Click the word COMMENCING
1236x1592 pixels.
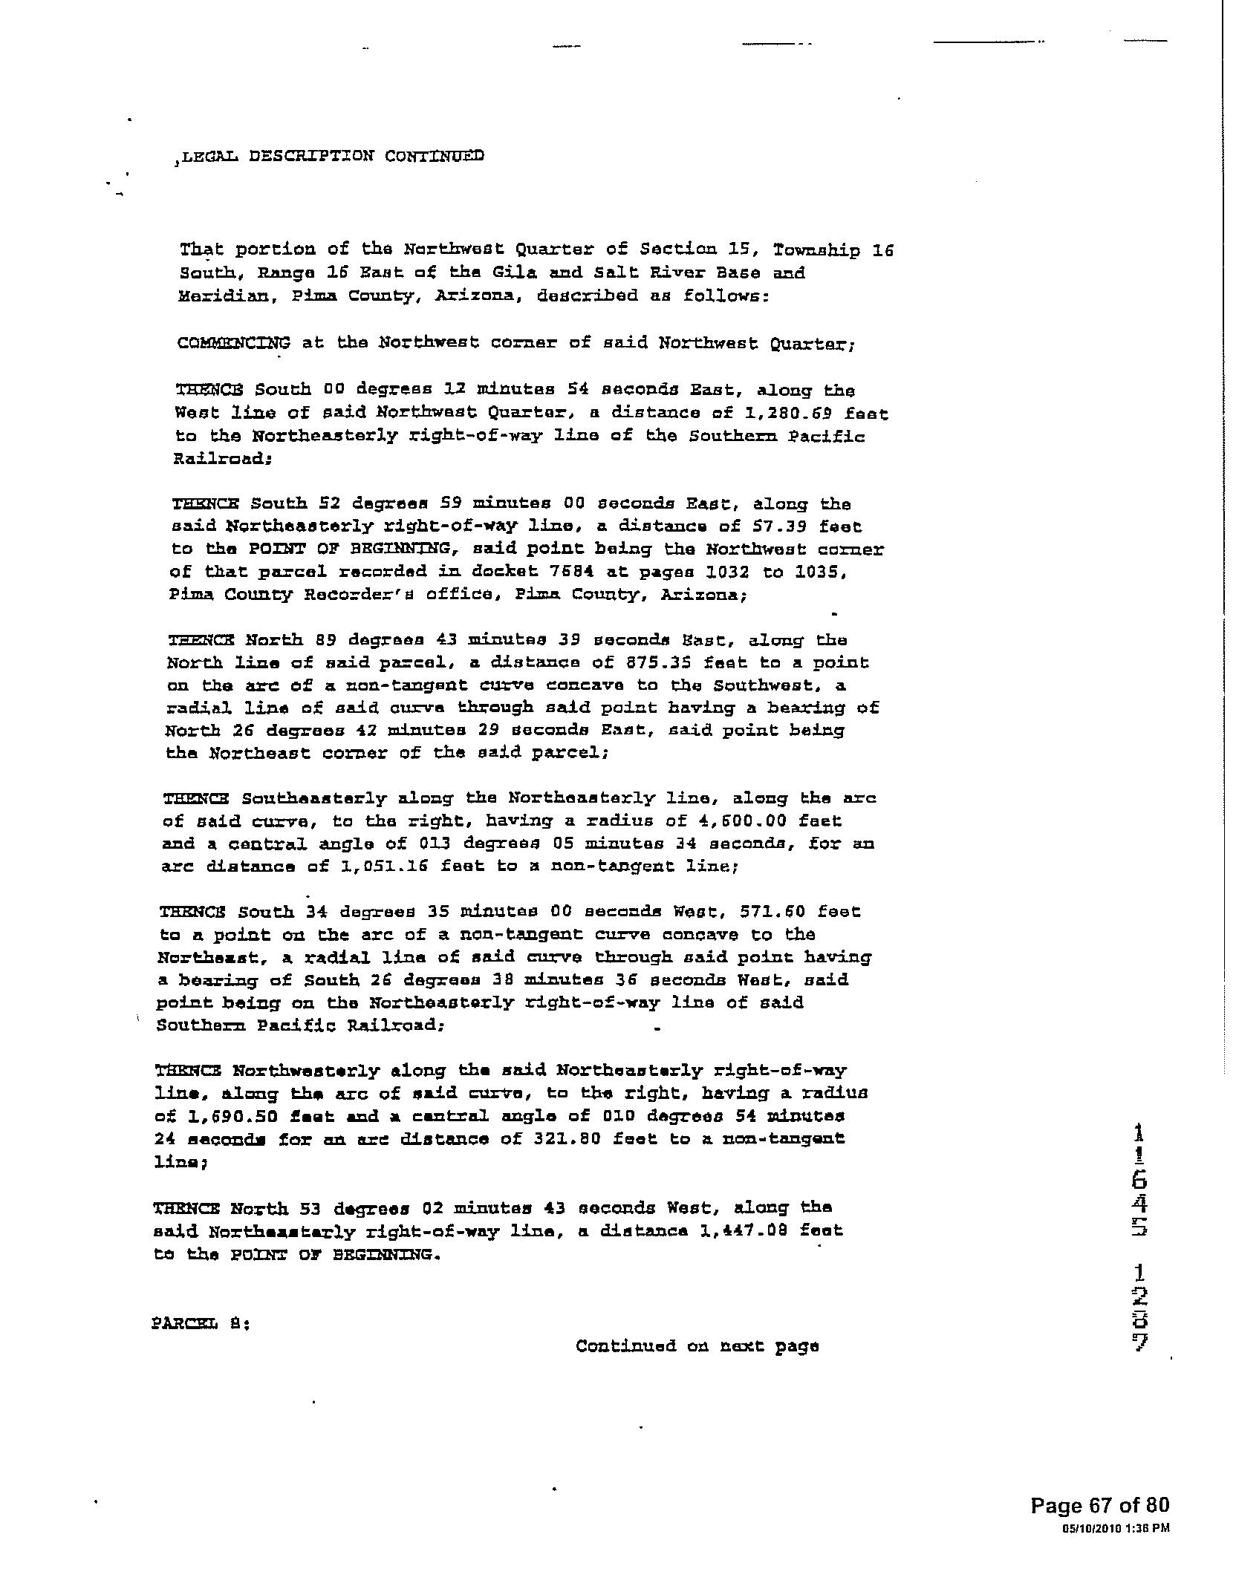[x=234, y=343]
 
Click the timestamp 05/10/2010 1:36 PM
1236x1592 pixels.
[x=1115, y=1527]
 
